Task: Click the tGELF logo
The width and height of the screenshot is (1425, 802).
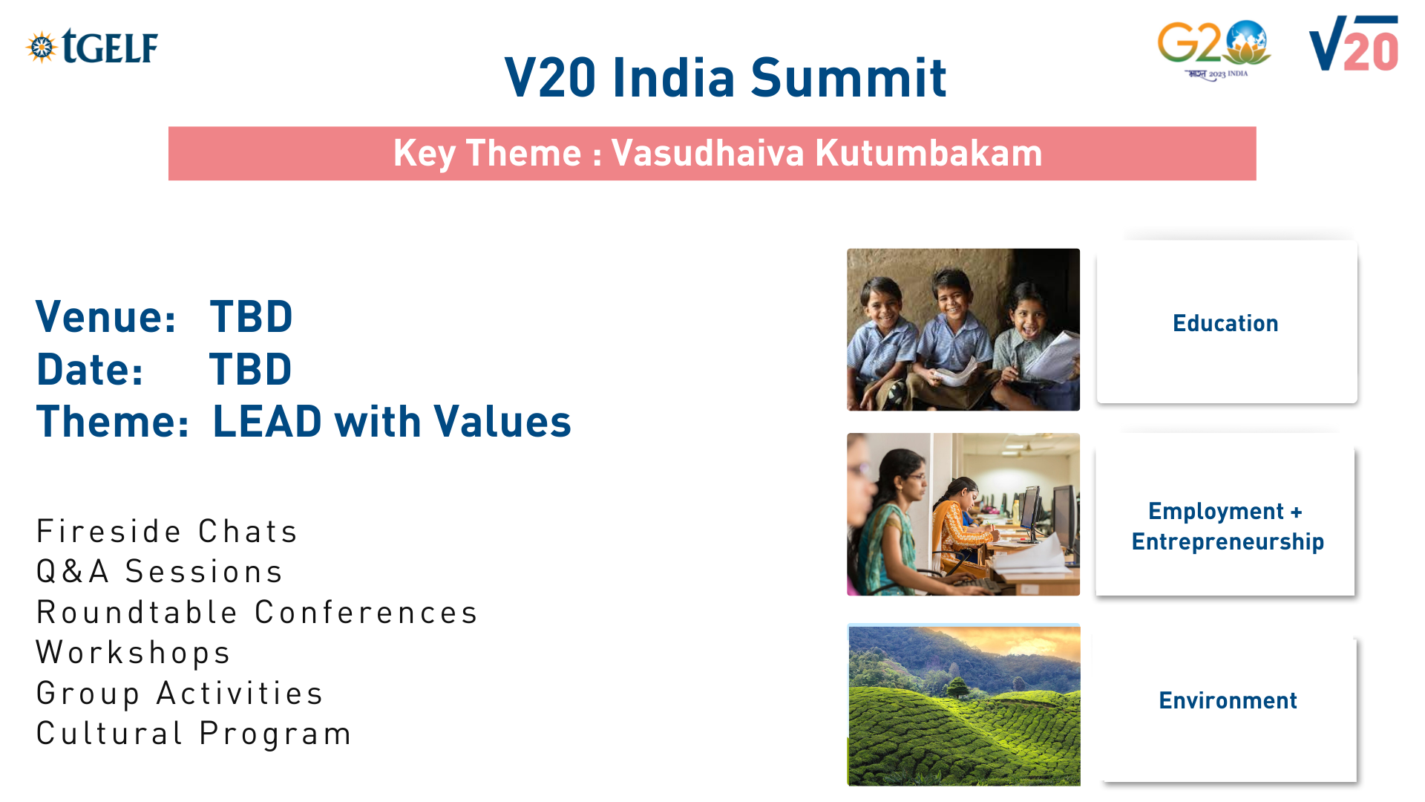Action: [92, 47]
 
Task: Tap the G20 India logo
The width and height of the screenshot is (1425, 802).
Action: [1214, 50]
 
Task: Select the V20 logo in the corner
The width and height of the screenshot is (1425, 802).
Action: [1354, 44]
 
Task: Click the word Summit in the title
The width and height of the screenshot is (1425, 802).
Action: [848, 77]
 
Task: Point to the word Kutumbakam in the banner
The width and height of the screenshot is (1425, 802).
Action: [928, 153]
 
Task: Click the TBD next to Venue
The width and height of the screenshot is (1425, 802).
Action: [252, 317]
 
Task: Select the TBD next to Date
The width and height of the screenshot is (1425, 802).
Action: [251, 370]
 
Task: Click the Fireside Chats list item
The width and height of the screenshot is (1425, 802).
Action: [167, 532]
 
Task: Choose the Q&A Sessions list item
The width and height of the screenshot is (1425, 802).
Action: [160, 572]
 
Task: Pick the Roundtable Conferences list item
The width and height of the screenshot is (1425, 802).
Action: [257, 613]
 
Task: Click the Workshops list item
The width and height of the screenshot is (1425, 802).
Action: [134, 653]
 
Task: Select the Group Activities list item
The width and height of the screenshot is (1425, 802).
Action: [180, 694]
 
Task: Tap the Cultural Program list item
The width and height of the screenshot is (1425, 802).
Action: [194, 734]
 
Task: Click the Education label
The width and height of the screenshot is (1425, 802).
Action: [1225, 324]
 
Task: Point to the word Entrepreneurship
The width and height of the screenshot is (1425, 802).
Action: [1228, 542]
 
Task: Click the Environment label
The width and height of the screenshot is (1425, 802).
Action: [1228, 700]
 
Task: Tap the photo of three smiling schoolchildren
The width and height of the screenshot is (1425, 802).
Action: [963, 330]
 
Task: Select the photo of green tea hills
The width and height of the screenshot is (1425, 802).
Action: [963, 705]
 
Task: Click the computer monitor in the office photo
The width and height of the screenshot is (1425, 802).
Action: [1031, 512]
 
